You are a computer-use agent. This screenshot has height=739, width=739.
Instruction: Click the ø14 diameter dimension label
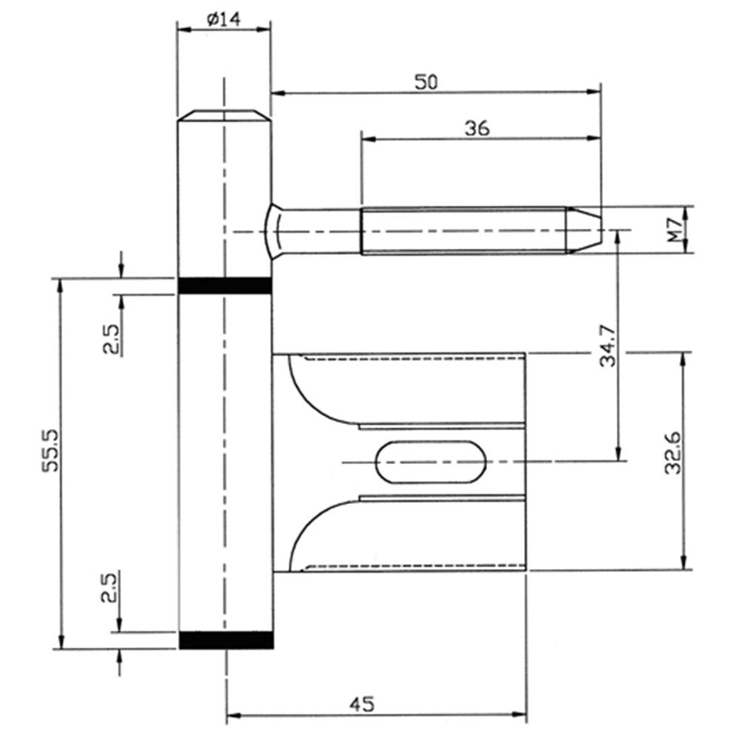tap(223, 19)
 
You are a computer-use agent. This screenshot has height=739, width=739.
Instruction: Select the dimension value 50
tap(426, 82)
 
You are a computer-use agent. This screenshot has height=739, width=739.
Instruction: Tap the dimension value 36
tap(477, 128)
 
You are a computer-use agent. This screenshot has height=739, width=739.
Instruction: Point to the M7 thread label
tap(675, 230)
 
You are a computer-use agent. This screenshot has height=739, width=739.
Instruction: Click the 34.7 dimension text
tap(608, 345)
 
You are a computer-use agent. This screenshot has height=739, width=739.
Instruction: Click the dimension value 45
tap(362, 704)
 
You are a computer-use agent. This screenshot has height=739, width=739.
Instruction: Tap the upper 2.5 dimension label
tap(112, 339)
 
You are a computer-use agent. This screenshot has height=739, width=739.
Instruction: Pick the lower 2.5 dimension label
tap(109, 588)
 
